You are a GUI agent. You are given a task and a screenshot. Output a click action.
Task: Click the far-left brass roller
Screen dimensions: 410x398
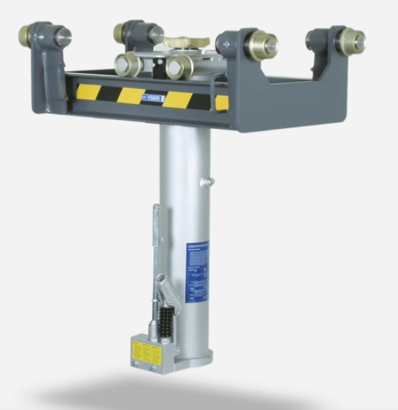coord(32,35)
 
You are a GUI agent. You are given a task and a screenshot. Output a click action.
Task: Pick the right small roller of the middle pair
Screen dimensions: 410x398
coord(178,67)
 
